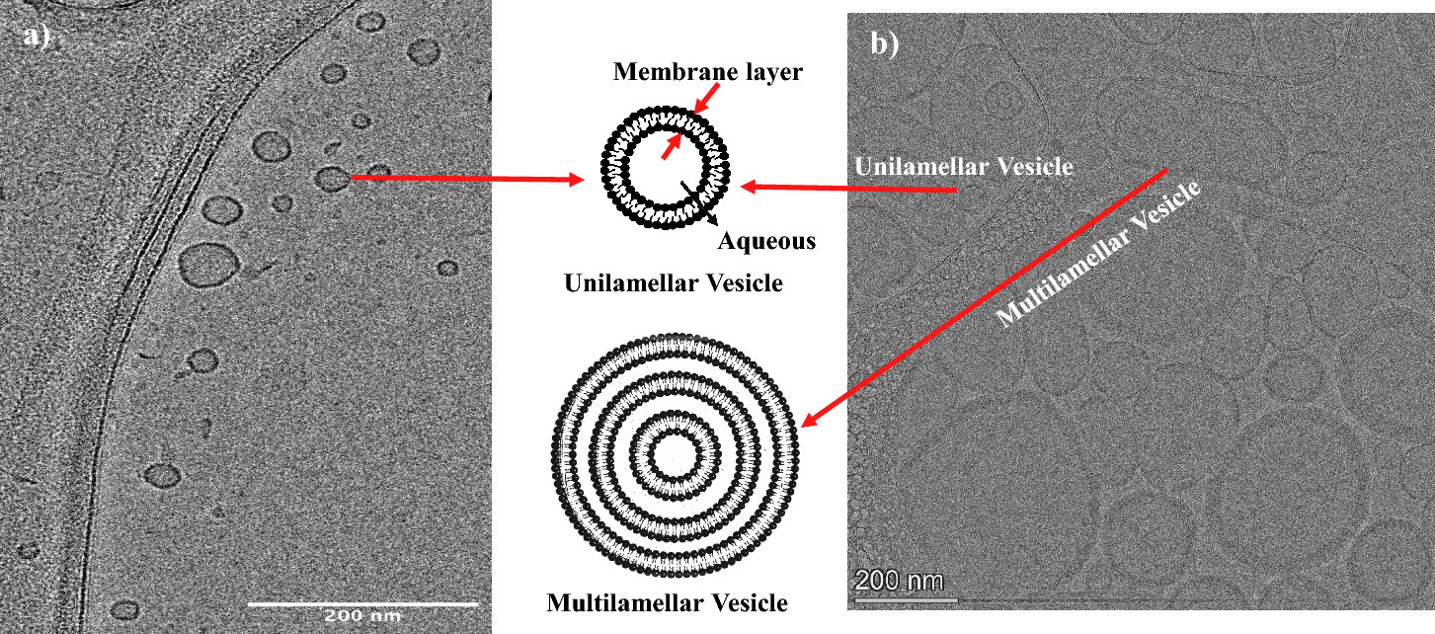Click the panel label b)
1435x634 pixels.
[884, 44]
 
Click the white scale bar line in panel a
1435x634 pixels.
[362, 602]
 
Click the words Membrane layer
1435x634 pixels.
[681, 72]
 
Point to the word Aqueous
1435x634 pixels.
[766, 240]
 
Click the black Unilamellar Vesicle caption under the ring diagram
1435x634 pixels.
[674, 283]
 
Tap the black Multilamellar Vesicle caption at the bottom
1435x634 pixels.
[668, 601]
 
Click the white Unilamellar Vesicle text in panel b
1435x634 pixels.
[964, 166]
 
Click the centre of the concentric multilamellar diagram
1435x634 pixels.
[676, 458]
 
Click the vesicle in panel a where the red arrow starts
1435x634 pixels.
[332, 178]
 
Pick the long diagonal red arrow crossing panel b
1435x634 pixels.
[988, 296]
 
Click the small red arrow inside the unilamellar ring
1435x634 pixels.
[671, 147]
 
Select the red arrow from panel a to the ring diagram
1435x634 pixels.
[464, 179]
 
